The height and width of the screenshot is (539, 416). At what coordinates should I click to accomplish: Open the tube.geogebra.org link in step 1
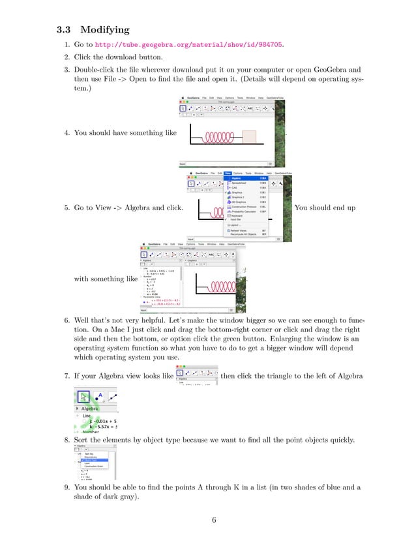pos(190,45)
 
